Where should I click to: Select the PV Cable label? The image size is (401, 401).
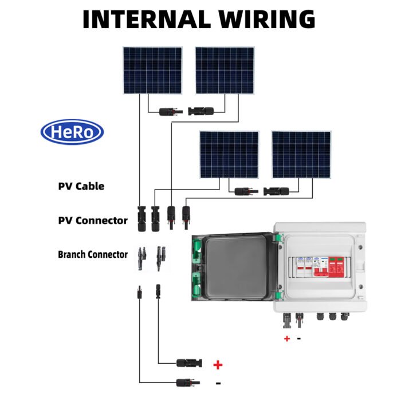[x=81, y=186]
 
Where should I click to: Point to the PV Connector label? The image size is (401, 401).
[x=93, y=221]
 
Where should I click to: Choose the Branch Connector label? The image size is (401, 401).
[x=93, y=254]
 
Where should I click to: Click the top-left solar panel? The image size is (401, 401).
[x=152, y=70]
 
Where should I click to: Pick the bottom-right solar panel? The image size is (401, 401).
[x=301, y=155]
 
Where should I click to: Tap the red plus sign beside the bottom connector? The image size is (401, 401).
[x=218, y=364]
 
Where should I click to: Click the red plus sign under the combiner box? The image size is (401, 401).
[x=287, y=339]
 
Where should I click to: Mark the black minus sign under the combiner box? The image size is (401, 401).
[x=298, y=338]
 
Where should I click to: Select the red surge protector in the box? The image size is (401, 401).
[x=331, y=268]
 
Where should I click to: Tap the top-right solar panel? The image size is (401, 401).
[x=225, y=70]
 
